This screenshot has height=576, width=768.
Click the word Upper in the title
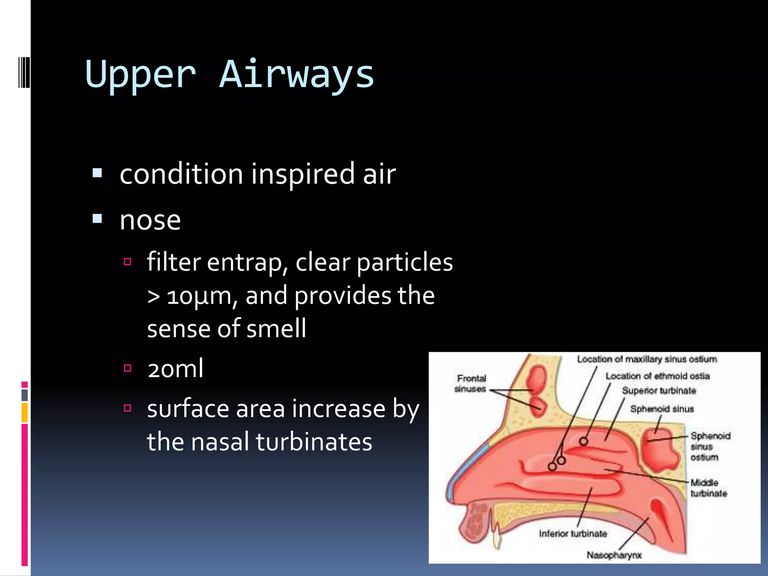point(141,75)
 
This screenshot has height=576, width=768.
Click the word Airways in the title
point(297,75)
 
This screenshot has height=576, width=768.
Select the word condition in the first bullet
point(181,174)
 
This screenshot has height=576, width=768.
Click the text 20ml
point(175,369)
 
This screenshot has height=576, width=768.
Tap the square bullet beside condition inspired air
point(97,173)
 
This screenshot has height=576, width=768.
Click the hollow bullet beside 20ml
point(127,368)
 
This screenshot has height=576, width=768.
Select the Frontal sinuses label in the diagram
point(471,384)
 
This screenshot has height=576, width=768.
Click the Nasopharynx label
point(614,555)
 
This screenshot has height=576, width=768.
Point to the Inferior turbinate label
point(573,534)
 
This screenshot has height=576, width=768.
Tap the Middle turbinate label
point(708,488)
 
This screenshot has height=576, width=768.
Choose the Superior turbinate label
point(659,391)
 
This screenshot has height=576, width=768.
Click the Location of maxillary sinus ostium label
point(647,359)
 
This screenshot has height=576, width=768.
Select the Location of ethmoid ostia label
point(657,376)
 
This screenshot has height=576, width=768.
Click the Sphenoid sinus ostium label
point(710,447)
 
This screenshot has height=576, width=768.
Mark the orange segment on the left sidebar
point(24,412)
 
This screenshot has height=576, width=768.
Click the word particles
point(405,262)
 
